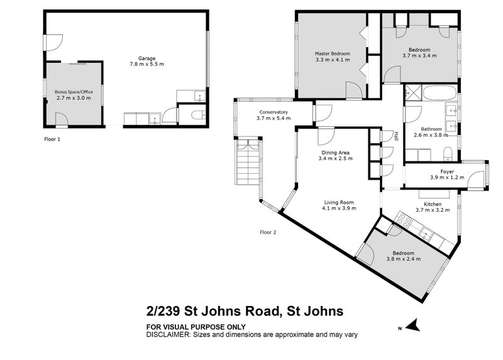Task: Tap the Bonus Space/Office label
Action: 74,92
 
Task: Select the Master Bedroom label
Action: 332,54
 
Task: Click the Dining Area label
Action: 335,153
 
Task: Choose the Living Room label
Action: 339,202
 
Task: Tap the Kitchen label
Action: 432,204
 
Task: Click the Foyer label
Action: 447,171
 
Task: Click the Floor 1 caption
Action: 52,138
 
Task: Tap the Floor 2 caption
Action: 268,232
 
